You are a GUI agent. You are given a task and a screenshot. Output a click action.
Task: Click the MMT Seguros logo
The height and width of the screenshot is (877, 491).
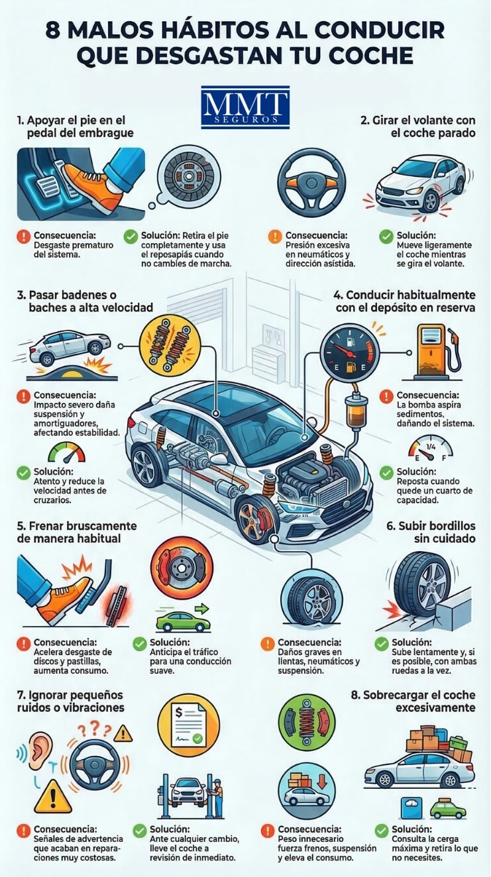tap(245, 107)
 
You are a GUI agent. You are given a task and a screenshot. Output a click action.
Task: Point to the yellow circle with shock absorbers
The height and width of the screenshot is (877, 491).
tap(170, 344)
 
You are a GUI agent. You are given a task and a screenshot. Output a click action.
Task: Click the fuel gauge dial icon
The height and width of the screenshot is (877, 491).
tap(349, 351)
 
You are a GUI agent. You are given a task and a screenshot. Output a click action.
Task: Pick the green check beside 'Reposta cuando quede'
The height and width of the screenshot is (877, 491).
tap(386, 473)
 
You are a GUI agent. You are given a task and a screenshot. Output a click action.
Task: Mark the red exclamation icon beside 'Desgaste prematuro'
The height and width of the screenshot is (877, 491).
tap(24, 236)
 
